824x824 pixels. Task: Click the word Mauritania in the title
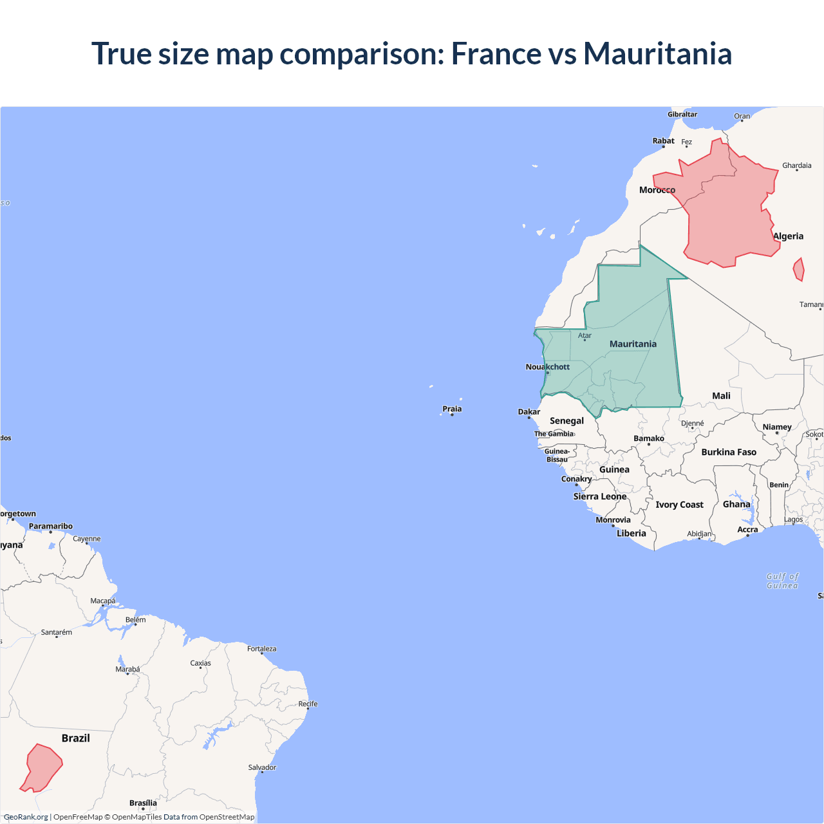[x=657, y=53]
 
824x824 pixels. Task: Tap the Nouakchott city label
[x=547, y=367]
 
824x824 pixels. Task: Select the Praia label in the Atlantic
[x=452, y=409]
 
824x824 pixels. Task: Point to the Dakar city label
[x=529, y=412]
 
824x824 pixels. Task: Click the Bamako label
[x=648, y=438]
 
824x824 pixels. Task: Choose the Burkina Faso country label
[x=729, y=452]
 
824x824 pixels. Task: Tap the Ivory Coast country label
[x=679, y=505]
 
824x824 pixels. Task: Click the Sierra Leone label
[x=600, y=496]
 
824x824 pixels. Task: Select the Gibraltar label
[x=682, y=115]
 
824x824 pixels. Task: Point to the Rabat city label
[x=663, y=141]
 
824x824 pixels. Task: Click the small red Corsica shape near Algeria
[x=799, y=270]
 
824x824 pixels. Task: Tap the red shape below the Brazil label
[x=42, y=767]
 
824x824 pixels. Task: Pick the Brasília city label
[x=143, y=803]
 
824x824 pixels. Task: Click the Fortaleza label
[x=261, y=649]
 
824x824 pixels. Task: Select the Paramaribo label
[x=51, y=526]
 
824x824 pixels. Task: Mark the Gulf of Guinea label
[x=782, y=581]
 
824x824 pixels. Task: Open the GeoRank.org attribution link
[x=26, y=817]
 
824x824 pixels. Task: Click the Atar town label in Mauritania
[x=585, y=335]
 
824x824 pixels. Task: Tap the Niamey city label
[x=777, y=427]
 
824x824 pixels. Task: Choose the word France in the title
[x=496, y=53]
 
